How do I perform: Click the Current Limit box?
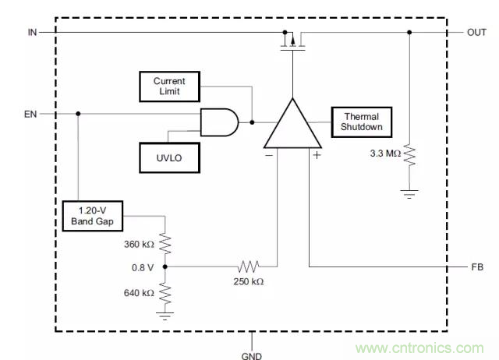(169, 86)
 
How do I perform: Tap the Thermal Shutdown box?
(362, 122)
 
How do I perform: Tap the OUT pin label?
(476, 32)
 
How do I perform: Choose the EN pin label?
(31, 114)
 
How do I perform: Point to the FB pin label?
(477, 267)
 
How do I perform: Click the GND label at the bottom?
(252, 355)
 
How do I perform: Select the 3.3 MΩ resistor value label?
(384, 154)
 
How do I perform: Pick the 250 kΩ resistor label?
(248, 282)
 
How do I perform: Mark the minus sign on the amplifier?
(269, 154)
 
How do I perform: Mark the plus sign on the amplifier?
(317, 154)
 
